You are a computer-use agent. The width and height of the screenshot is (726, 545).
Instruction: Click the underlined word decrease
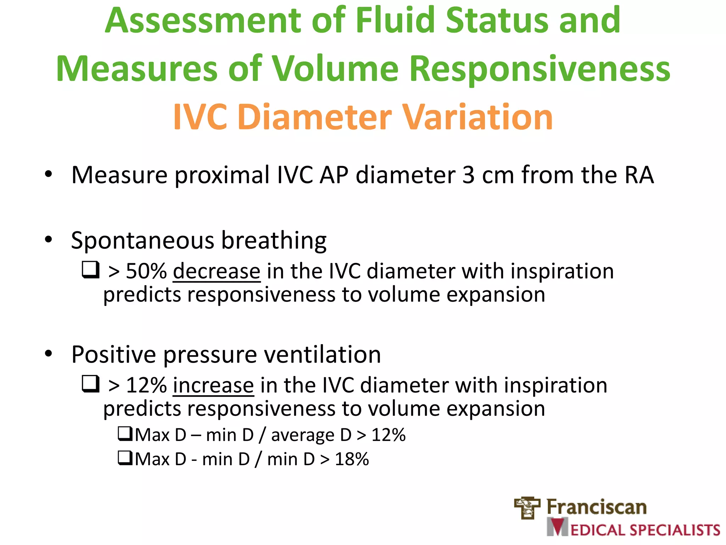pos(217,271)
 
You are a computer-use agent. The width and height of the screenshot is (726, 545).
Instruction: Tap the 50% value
pos(146,271)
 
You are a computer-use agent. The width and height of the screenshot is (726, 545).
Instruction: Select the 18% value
pos(352,459)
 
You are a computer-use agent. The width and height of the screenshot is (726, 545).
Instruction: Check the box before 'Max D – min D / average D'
pos(125,434)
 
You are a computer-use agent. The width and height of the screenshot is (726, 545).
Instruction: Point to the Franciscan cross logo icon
pos(527,508)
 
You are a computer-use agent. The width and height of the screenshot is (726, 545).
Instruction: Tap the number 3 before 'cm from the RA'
pos(468,175)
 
